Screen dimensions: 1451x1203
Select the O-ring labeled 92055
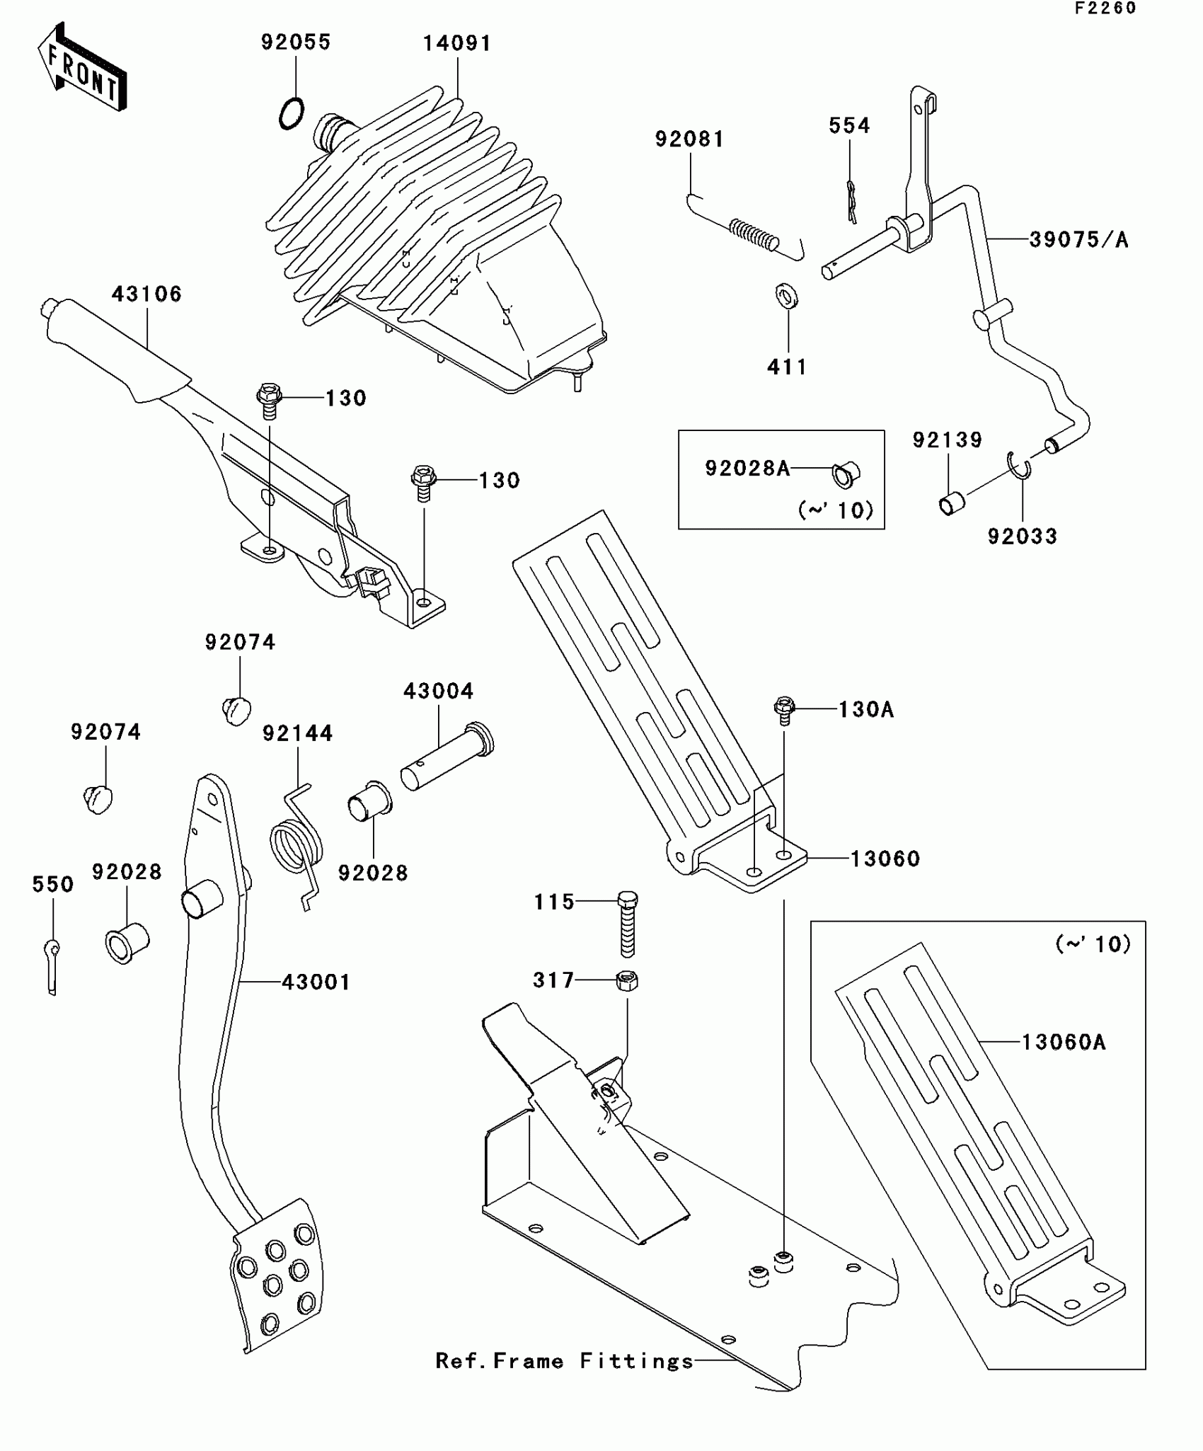coord(292,113)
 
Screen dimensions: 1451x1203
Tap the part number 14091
coord(457,44)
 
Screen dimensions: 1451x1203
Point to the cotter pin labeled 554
coord(851,202)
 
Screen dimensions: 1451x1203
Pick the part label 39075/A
coord(1078,240)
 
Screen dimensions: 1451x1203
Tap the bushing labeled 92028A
coord(846,474)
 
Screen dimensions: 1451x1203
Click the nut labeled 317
coord(628,980)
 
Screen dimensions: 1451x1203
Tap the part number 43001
coord(316,982)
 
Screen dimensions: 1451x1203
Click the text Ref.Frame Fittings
coord(564,1361)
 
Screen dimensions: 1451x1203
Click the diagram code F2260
coord(1105,8)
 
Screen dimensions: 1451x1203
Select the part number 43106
coord(146,294)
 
